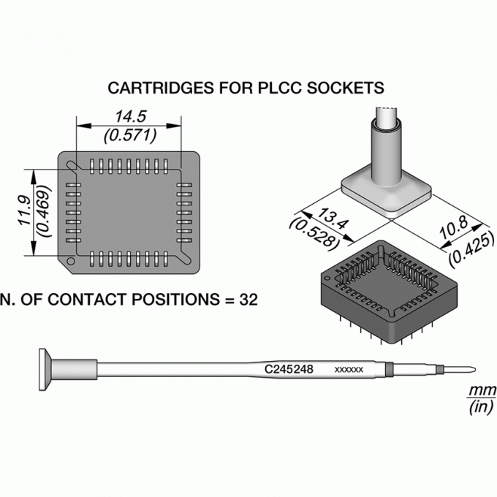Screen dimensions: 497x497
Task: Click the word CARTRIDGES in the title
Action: click(161, 88)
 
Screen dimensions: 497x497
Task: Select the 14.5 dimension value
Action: click(130, 116)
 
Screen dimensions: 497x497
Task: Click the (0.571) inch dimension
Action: click(130, 135)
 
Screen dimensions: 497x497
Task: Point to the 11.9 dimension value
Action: click(24, 210)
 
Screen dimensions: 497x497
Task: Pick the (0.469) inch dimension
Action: click(43, 210)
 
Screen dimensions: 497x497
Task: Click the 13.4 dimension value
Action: click(333, 219)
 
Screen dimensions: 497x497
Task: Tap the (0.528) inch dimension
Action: click(313, 232)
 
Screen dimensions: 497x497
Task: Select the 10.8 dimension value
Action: click(454, 227)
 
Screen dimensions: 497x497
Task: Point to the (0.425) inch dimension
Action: click(471, 249)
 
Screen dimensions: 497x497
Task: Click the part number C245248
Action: click(289, 369)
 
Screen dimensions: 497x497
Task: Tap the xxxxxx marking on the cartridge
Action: click(349, 370)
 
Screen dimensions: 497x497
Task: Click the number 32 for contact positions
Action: click(248, 300)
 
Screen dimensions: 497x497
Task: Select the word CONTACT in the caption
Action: click(88, 300)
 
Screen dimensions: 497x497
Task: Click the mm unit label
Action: click(482, 390)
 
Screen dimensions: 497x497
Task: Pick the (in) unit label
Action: click(481, 406)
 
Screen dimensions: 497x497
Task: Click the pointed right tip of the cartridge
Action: click(475, 370)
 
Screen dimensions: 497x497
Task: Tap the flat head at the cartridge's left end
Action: click(45, 370)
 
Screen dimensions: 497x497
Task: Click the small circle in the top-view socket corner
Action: click(70, 261)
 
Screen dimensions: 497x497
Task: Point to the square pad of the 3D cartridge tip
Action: click(387, 196)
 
